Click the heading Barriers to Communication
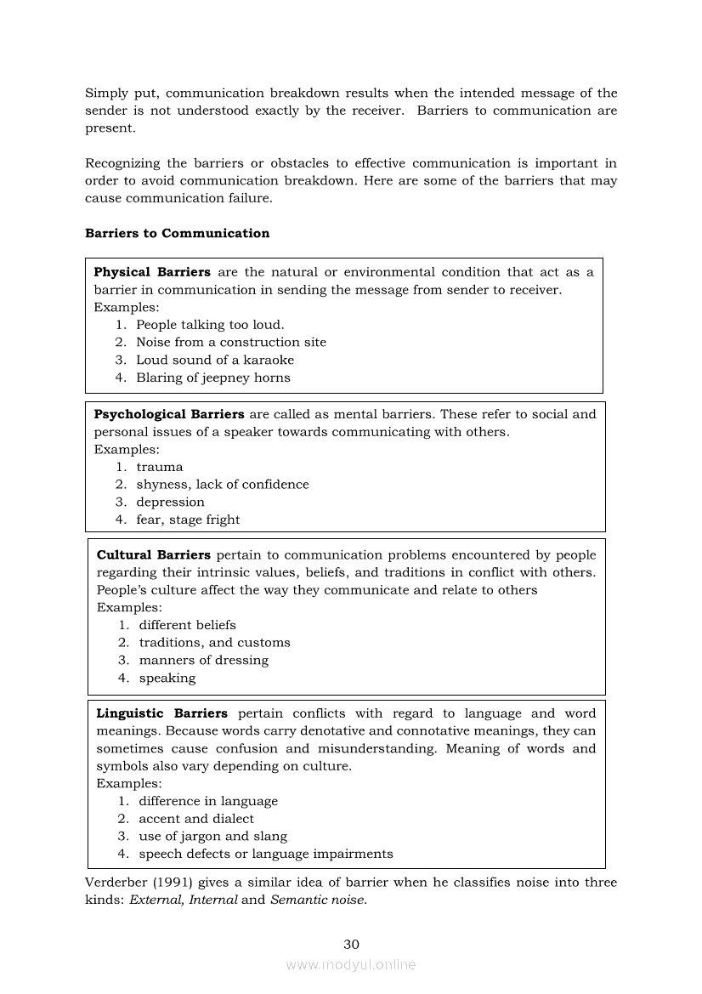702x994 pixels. [177, 233]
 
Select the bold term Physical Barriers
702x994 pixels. [152, 272]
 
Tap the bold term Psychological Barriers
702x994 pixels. [168, 414]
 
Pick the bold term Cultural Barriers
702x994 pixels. [154, 554]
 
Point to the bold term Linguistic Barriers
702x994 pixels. [161, 713]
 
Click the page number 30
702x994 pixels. [351, 944]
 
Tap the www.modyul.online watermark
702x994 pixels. [351, 964]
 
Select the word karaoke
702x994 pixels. [268, 360]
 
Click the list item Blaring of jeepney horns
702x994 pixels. [213, 378]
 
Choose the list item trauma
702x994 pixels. [159, 467]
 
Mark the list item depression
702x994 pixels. [170, 502]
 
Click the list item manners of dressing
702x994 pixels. [203, 660]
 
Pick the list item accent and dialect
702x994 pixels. [196, 818]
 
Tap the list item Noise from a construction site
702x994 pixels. [231, 342]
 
